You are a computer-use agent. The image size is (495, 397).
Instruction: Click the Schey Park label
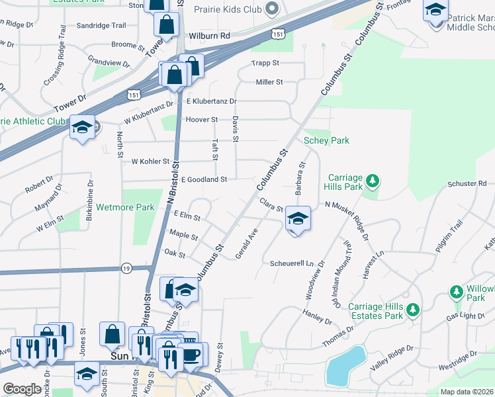(x=326, y=140)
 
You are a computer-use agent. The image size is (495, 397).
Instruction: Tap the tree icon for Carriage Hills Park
(x=373, y=180)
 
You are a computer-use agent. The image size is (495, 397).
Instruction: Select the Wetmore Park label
(x=125, y=207)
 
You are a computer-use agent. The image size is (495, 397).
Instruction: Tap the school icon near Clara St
(x=298, y=218)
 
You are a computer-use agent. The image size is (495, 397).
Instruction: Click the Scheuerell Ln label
(x=291, y=263)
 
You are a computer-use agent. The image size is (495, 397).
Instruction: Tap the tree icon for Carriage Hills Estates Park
(x=412, y=309)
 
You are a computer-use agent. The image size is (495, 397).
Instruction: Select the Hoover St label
(x=202, y=119)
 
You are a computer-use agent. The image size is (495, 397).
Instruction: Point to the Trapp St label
(x=266, y=64)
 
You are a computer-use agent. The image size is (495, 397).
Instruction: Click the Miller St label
(x=269, y=82)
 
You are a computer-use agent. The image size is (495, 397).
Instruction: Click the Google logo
(x=22, y=389)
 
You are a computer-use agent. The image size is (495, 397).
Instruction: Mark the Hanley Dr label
(x=316, y=316)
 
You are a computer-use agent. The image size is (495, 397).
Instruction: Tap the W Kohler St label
(x=151, y=161)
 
